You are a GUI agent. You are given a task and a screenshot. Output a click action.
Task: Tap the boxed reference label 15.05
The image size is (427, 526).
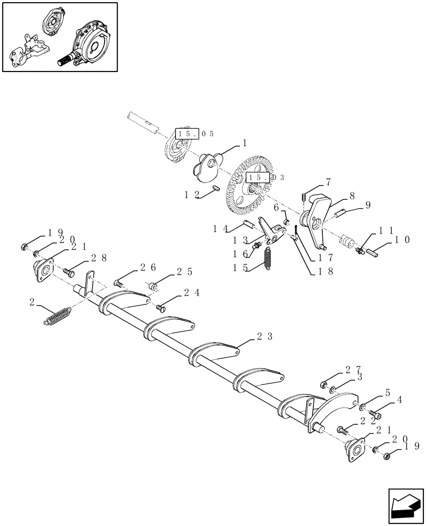195,134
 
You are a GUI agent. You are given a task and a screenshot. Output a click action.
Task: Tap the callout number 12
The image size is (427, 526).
191,195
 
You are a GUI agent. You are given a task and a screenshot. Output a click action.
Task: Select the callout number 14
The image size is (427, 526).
220,229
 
